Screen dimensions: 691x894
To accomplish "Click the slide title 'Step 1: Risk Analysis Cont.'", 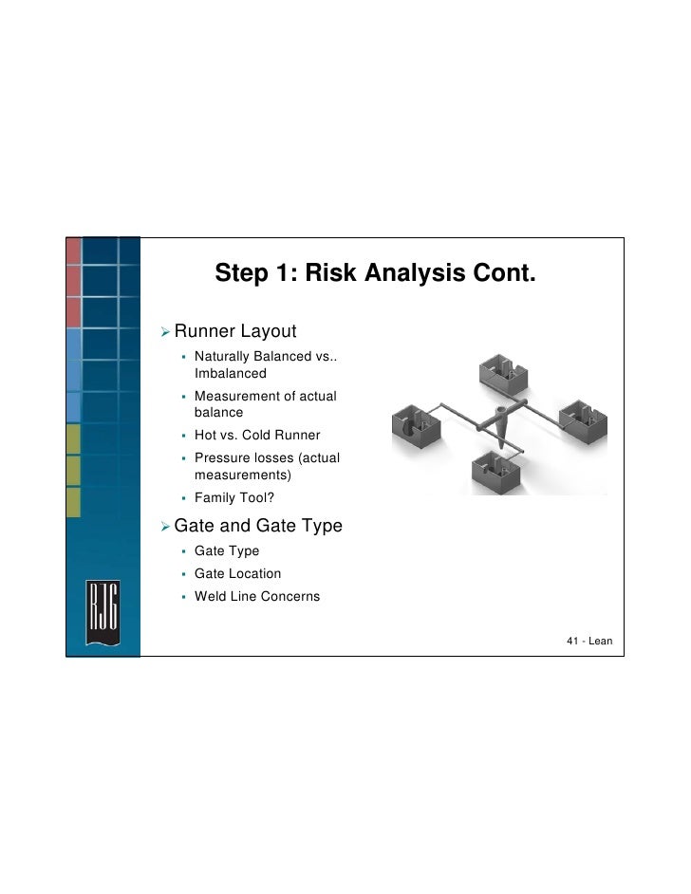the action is tap(375, 274).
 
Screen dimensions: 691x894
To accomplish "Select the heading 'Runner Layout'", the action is tap(235, 331).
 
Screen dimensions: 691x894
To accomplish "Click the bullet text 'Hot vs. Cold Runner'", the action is tap(257, 436).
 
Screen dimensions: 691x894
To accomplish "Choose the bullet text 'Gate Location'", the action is tap(237, 574).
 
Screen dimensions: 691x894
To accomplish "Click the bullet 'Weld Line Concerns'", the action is tap(256, 597).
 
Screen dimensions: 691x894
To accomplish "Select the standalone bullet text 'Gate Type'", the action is tap(226, 551).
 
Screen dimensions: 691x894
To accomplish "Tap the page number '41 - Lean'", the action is tap(588, 643).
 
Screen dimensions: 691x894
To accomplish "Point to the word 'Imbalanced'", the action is tap(231, 374).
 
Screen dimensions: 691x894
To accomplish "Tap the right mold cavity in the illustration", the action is tap(580, 418).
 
